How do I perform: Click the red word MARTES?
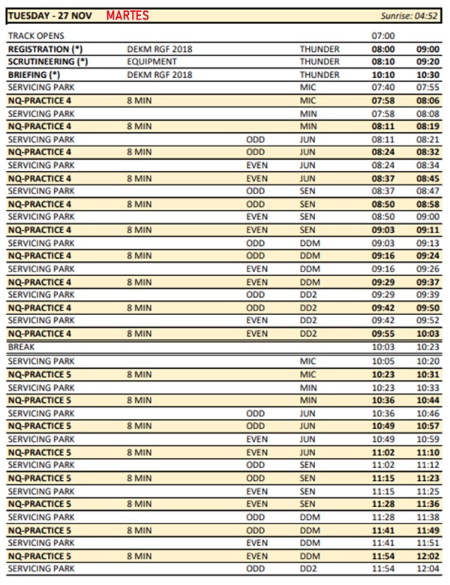[x=128, y=16]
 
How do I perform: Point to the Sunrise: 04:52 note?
[x=411, y=16]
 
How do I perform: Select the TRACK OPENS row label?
[x=36, y=36]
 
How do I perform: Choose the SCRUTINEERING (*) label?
[x=47, y=61]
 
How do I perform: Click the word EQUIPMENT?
[x=152, y=61]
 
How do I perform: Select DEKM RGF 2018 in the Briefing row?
[x=160, y=74]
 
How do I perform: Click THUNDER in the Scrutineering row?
[x=319, y=61]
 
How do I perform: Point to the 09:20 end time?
[x=427, y=61]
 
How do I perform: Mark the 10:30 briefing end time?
[x=427, y=74]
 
